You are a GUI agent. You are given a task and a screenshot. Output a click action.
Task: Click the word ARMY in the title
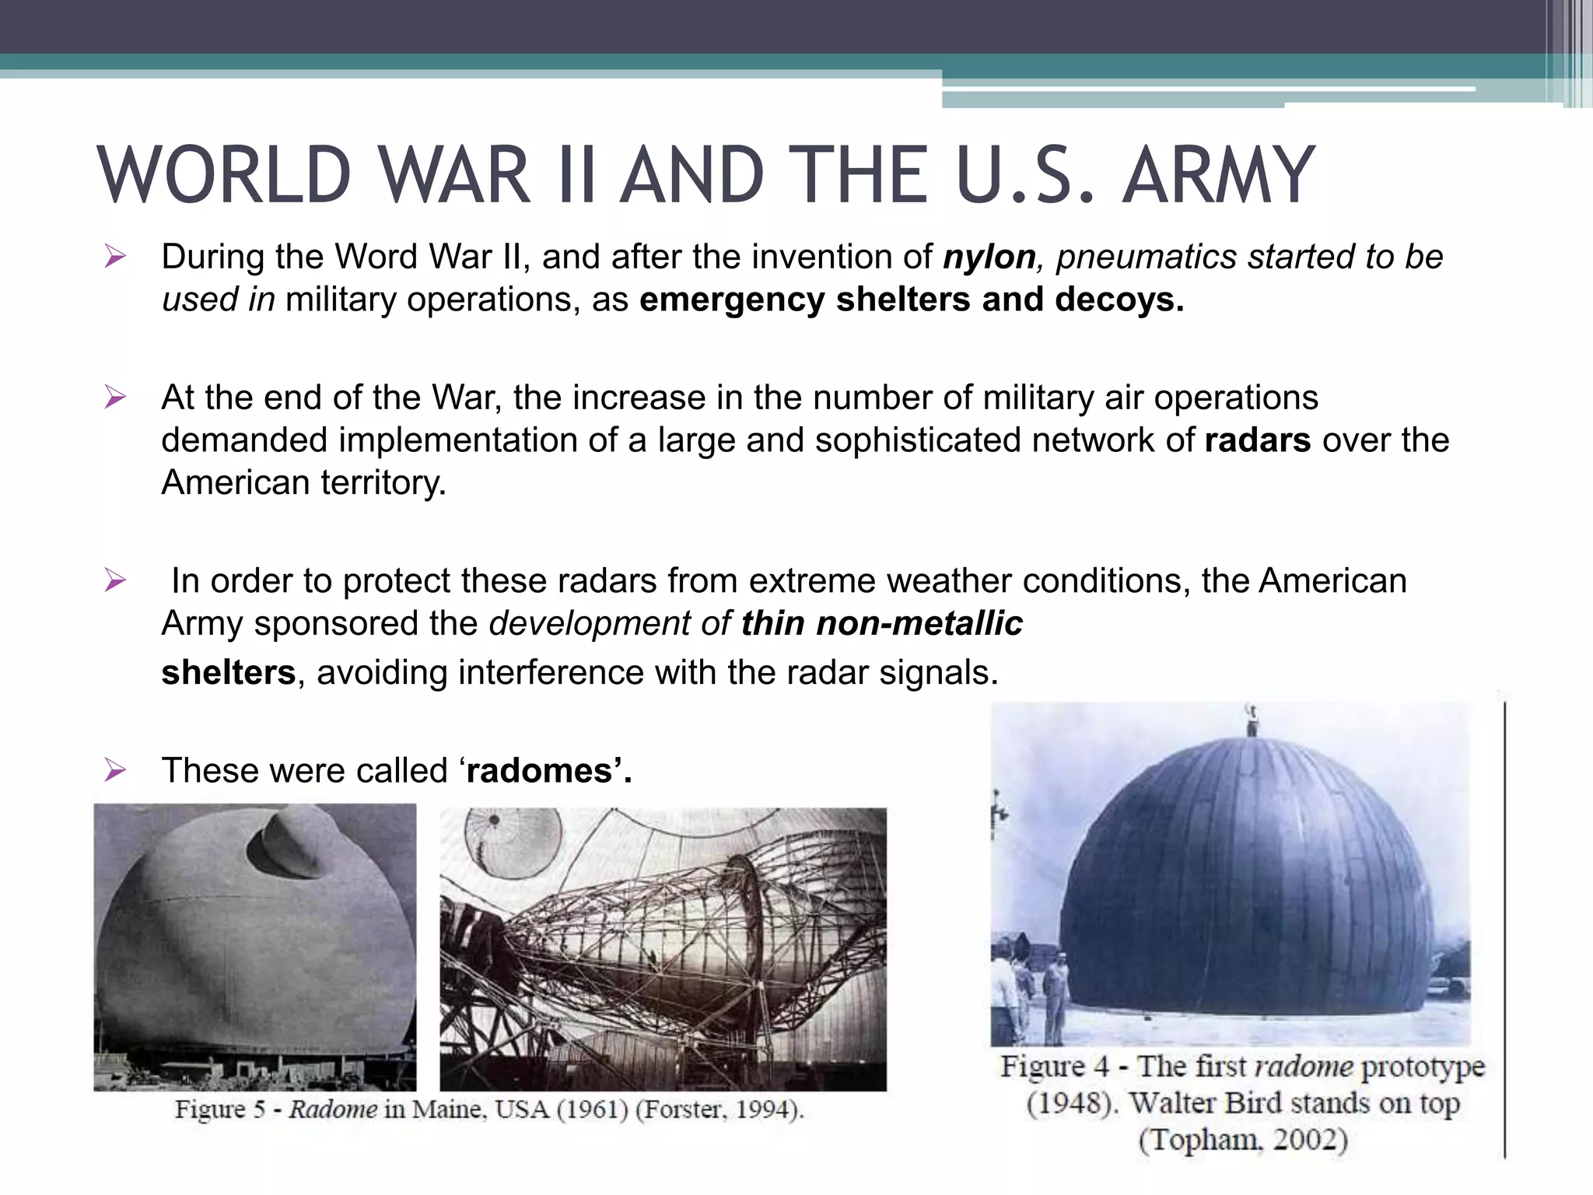click(x=1218, y=177)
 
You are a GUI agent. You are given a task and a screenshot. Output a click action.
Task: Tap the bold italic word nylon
click(x=989, y=258)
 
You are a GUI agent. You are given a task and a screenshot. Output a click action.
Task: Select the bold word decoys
click(x=1119, y=300)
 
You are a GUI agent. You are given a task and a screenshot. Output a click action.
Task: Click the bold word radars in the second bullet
click(x=1258, y=441)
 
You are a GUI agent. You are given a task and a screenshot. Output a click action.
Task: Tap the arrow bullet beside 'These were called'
click(x=115, y=770)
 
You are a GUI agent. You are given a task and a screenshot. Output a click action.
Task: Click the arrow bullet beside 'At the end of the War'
click(x=115, y=398)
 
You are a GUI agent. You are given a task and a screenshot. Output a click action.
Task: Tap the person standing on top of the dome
click(x=1252, y=720)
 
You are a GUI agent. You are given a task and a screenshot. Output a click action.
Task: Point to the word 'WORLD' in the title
click(x=225, y=177)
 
